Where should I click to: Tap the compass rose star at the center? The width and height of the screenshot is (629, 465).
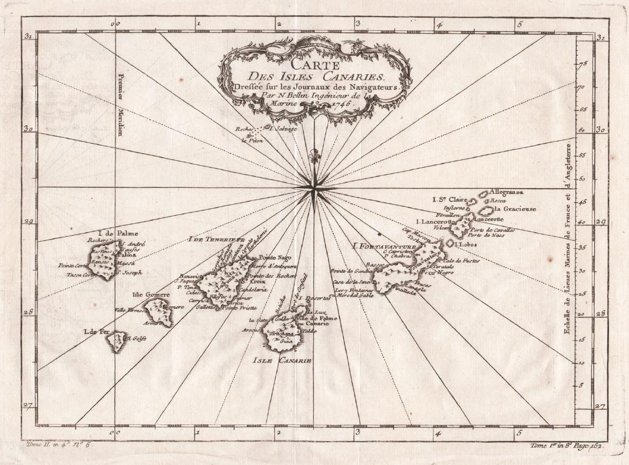tap(314, 188)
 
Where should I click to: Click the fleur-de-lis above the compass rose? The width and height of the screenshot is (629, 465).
tap(314, 156)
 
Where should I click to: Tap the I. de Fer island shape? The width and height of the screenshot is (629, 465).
tap(116, 340)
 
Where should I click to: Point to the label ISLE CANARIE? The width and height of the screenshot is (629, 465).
tap(282, 361)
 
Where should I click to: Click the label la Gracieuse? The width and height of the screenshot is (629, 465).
tap(516, 209)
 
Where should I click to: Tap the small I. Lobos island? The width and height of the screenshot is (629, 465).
tap(450, 244)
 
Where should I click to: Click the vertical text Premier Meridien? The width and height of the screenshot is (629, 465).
tap(121, 102)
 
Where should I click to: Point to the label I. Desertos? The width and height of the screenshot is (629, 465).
tap(314, 299)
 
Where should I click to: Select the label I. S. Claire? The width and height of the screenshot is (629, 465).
tap(447, 200)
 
